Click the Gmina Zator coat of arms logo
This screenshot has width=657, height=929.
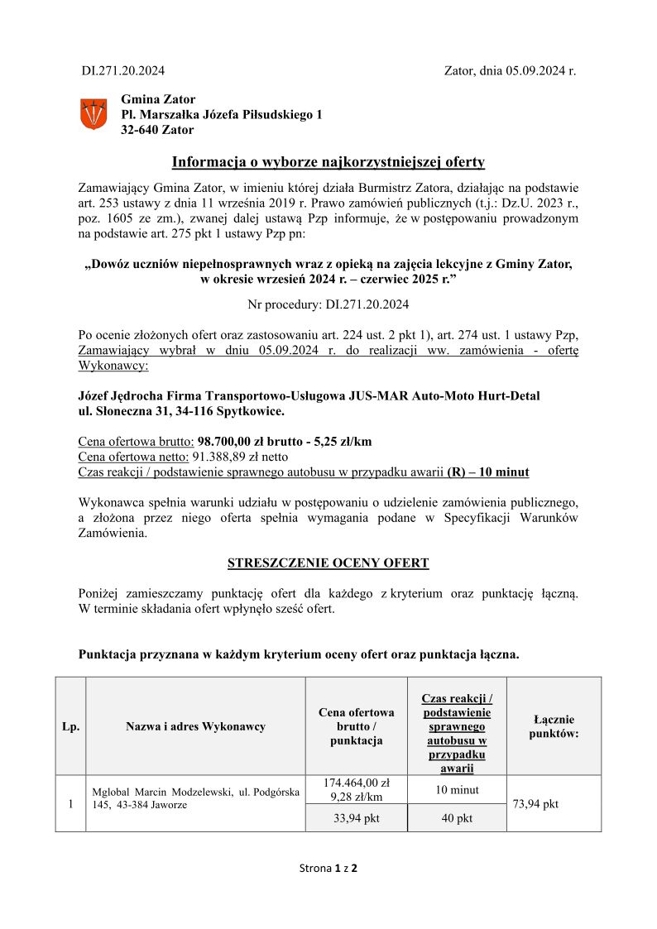click(x=93, y=113)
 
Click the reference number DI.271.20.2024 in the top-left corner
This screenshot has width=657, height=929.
click(x=122, y=71)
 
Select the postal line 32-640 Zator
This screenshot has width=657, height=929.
click(x=157, y=130)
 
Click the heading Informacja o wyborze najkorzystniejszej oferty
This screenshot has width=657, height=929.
click(x=328, y=161)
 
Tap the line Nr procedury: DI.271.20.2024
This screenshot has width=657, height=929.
click(x=328, y=304)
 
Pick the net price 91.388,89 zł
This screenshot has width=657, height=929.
click(x=228, y=457)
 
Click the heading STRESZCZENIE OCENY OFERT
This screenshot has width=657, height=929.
click(x=328, y=563)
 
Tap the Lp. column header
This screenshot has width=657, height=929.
click(x=71, y=726)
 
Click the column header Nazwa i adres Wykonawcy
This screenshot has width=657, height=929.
click(x=195, y=726)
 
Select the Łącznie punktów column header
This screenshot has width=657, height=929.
click(x=553, y=726)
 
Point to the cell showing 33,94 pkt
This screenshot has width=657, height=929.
click(x=356, y=818)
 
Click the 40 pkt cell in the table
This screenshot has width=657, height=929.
click(x=457, y=818)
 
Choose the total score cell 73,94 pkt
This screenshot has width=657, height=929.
click(x=536, y=803)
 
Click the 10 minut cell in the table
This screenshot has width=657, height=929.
click(x=457, y=789)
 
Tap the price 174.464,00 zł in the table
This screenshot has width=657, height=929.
click(x=356, y=783)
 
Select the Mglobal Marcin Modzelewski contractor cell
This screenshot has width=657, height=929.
click(x=195, y=797)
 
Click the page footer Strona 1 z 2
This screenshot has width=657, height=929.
click(x=328, y=868)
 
